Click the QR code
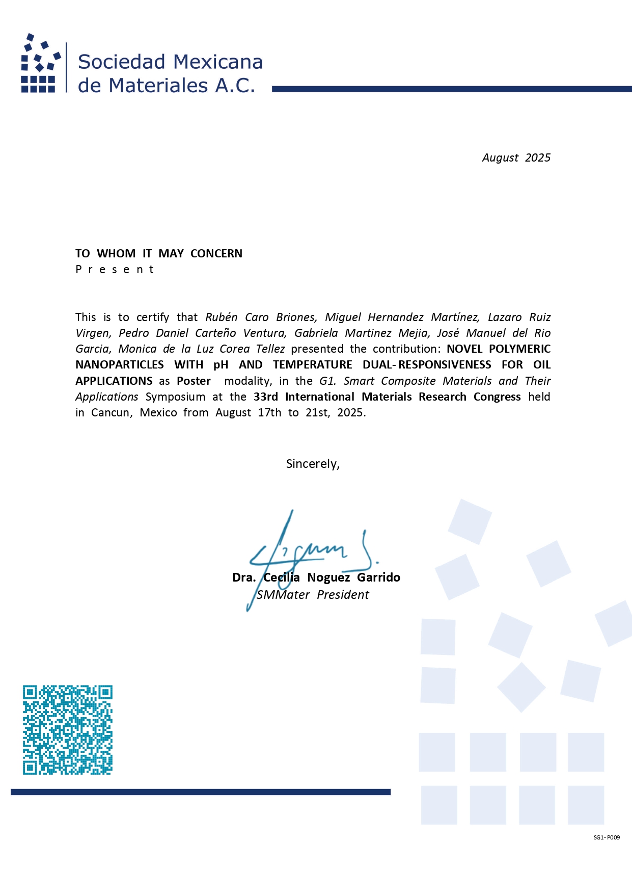(x=67, y=729)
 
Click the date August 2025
(x=516, y=158)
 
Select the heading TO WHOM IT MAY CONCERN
(x=159, y=254)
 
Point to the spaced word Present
(x=115, y=270)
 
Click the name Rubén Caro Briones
(x=261, y=318)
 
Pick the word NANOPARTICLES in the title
(x=120, y=365)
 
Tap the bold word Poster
(x=194, y=381)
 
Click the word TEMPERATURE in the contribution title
(x=312, y=365)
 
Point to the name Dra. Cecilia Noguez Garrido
(x=316, y=577)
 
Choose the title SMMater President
(x=313, y=595)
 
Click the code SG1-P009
(x=607, y=837)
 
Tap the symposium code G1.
(x=327, y=381)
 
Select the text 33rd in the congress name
(x=265, y=397)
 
